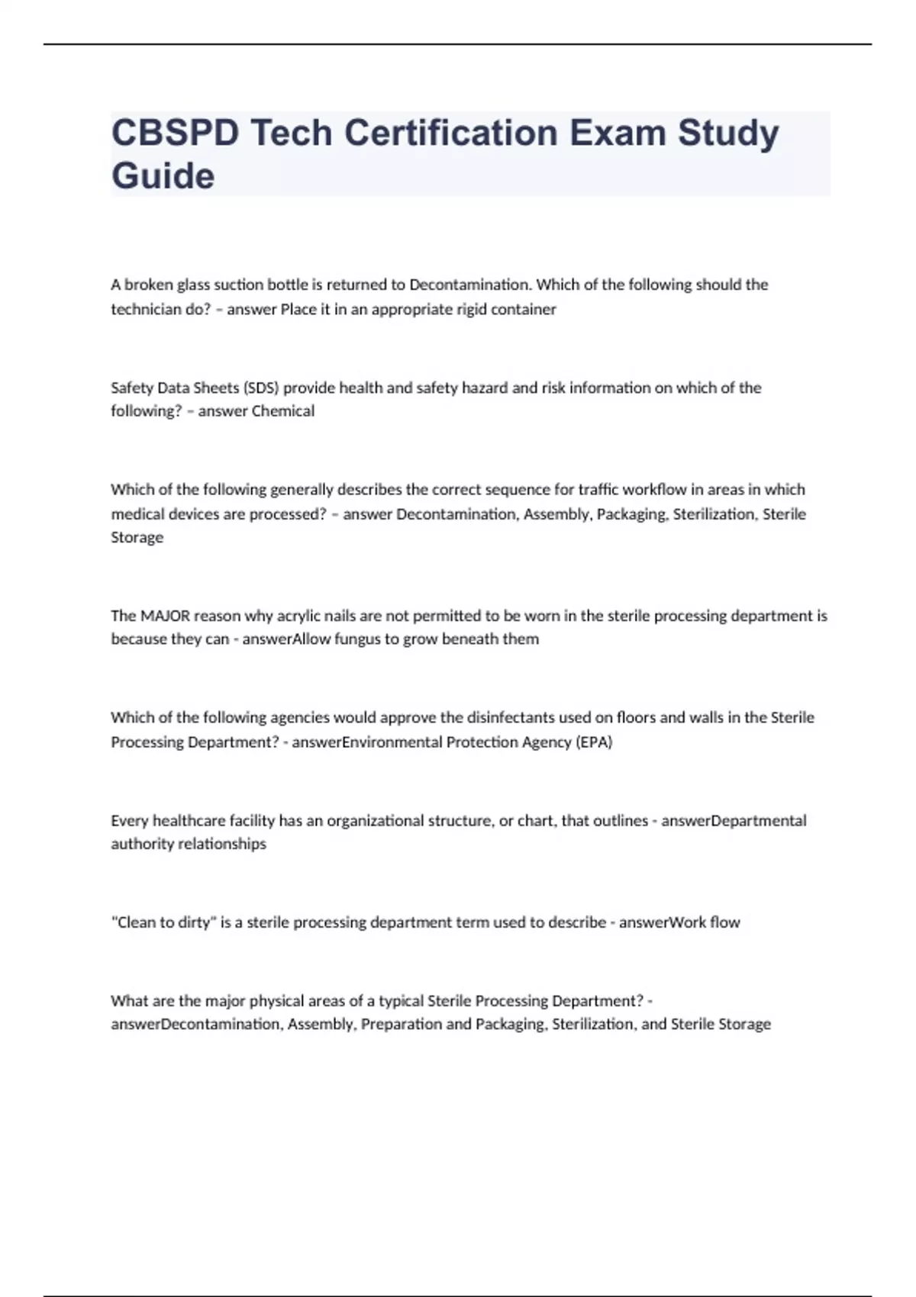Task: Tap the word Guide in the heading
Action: coord(163,176)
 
